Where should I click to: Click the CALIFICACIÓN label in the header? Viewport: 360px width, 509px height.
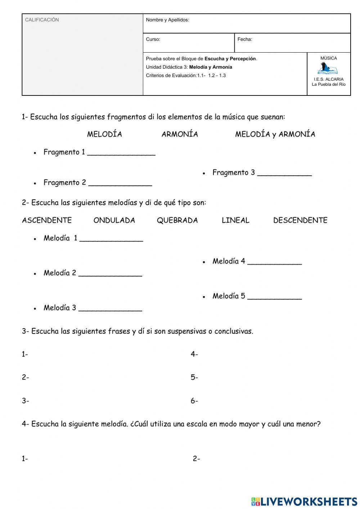[42, 20]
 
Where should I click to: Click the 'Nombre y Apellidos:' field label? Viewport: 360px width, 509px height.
[167, 20]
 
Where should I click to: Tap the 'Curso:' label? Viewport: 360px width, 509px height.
[153, 39]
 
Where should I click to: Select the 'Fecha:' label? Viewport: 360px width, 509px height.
[245, 39]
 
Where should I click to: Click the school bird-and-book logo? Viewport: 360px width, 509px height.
[328, 68]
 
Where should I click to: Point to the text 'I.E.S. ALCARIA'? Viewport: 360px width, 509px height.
[329, 79]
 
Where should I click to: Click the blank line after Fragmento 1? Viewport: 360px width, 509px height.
[121, 155]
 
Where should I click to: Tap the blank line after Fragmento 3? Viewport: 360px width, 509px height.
[284, 175]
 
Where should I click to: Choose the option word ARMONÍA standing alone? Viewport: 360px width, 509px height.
[180, 134]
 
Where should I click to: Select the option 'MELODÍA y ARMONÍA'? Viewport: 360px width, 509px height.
[275, 134]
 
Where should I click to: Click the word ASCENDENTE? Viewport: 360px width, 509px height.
[47, 220]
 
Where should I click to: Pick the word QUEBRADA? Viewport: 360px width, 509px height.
[177, 220]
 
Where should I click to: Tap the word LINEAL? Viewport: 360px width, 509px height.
[235, 220]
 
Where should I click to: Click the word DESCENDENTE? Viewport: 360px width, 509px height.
[300, 220]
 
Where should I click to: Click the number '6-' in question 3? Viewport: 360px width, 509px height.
[194, 401]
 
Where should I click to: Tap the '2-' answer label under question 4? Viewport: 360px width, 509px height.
[197, 459]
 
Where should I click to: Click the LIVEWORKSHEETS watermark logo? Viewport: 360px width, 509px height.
[304, 501]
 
